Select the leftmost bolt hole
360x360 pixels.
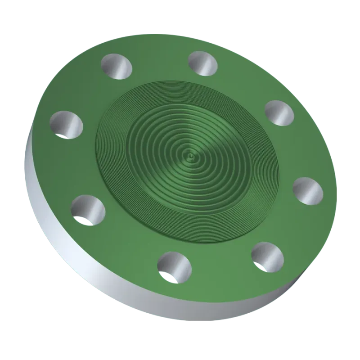(x=67, y=124)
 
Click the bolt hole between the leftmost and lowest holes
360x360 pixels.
(x=88, y=209)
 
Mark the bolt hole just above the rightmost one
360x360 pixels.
(x=279, y=112)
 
